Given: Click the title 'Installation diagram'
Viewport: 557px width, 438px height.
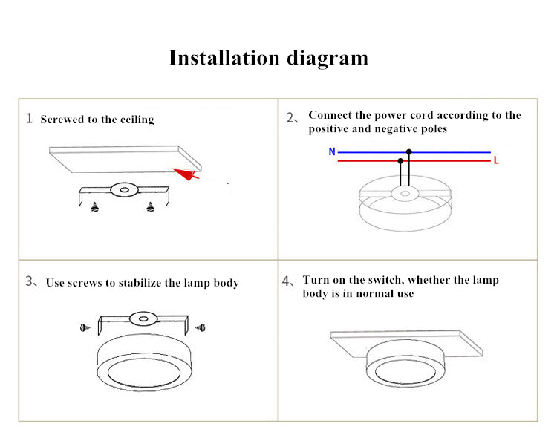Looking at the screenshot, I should coord(268,58).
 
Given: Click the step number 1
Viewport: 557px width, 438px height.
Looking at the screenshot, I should coord(30,118).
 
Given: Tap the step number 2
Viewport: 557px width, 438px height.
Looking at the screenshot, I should coord(291,117).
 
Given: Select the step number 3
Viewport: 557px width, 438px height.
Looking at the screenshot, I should coord(30,281).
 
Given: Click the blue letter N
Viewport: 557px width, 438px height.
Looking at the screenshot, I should coord(331,152).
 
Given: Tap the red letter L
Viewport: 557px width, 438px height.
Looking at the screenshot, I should coord(496,160).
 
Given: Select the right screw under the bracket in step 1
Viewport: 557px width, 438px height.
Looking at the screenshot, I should coord(151,207).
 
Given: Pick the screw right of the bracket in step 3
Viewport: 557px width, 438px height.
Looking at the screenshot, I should coord(199,326).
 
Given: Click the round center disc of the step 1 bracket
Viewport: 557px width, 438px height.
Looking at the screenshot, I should coord(123,190).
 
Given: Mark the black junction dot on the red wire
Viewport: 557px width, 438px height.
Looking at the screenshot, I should coord(400,160).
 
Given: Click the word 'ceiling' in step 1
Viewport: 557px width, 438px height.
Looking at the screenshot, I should coord(137,120).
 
